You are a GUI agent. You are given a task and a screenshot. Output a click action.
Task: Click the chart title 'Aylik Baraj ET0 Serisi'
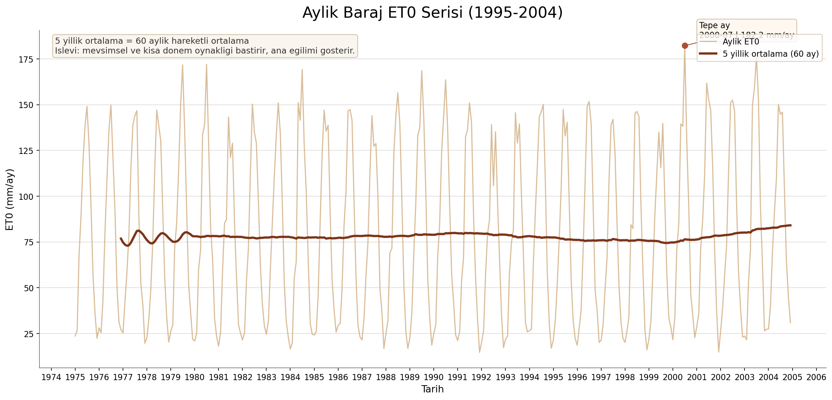432,13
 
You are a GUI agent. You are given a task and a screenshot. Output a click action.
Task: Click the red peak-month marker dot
685,46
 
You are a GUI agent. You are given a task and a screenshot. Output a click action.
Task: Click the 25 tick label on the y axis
29,334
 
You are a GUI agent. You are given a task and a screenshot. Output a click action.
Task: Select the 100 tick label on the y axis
26,197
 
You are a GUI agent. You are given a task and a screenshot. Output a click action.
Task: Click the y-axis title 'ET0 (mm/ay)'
10,199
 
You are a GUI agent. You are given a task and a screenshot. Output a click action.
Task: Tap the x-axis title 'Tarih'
432,389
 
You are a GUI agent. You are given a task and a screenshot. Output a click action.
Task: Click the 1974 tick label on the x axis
51,378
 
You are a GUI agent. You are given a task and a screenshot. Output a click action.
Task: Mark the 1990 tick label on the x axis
434,378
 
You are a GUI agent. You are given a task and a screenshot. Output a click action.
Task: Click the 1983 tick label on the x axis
266,378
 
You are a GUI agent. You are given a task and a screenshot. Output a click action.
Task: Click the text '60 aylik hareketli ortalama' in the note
192,41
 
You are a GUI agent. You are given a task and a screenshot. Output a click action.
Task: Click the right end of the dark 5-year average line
791,225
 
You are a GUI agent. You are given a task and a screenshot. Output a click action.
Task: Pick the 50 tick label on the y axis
29,288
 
